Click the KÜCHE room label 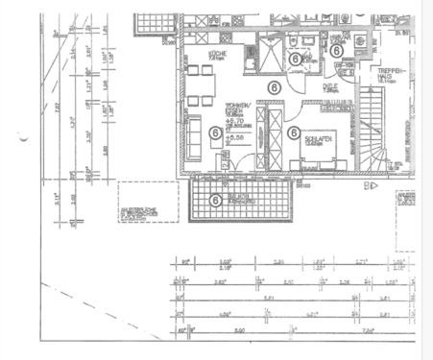pyautogui.click(x=217, y=54)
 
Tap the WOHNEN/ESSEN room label pyautogui.click(x=238, y=107)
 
